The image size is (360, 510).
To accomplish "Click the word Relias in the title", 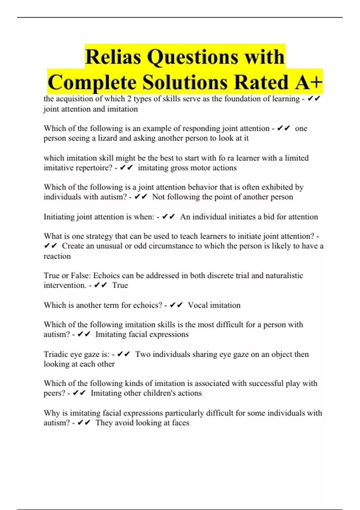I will coord(113,57).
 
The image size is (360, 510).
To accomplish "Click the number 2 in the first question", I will coord(129,99).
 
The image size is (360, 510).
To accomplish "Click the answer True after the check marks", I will coord(120,285).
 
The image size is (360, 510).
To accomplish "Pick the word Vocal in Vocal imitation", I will coord(198,305).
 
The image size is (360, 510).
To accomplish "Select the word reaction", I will coord(57,256).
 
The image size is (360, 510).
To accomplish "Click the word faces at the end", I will coord(181,423).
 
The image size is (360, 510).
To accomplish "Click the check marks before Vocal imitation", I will coord(176,305).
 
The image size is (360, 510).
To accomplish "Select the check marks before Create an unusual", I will coord(50,246).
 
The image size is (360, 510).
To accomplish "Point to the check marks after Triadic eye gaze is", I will coord(123,354).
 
